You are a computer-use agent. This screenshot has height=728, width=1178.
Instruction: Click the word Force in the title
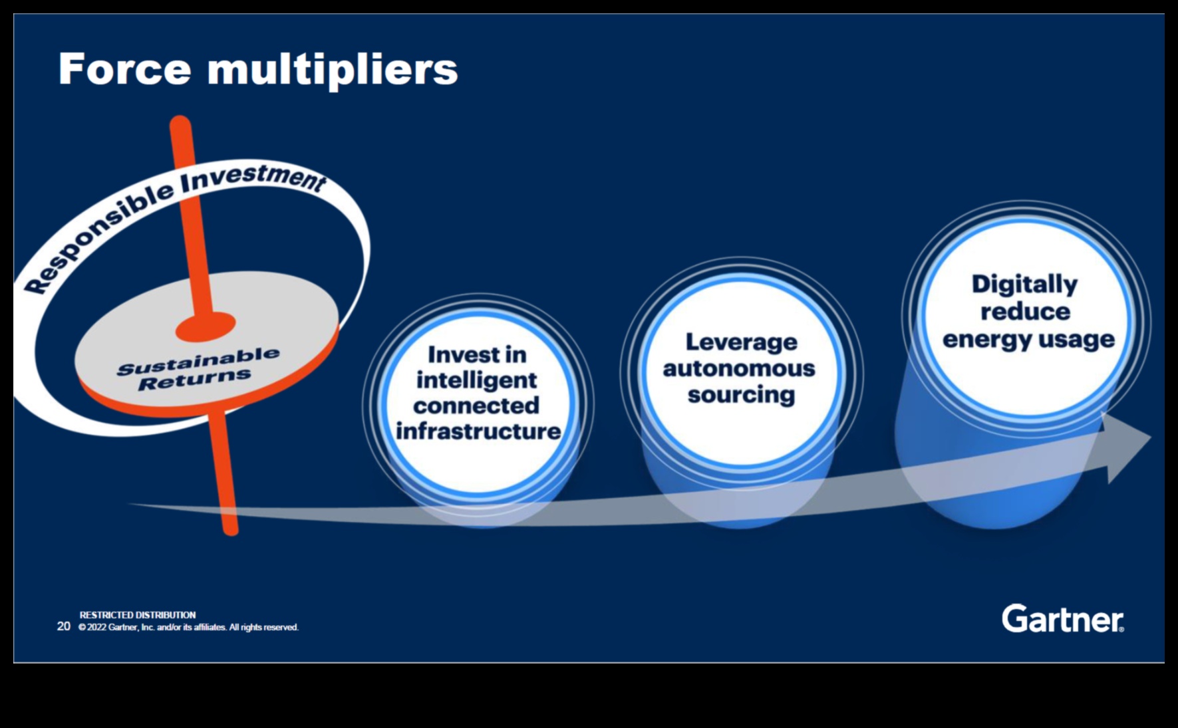pos(124,69)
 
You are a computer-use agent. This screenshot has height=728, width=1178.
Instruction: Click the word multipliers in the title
pos(332,70)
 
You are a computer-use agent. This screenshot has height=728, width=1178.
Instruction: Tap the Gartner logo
pos(1062,619)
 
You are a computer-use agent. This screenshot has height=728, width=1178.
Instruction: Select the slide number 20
pos(64,626)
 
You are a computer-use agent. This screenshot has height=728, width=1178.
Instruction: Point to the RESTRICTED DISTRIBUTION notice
pos(138,615)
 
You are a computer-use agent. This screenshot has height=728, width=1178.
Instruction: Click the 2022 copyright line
pos(188,628)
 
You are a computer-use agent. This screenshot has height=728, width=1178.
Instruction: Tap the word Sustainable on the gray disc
pos(198,361)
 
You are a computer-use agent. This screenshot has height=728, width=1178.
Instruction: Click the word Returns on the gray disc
pos(194,380)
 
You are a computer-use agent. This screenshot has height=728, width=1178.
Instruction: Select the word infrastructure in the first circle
pos(478,431)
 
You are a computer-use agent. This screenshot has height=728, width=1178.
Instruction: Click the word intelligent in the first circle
pos(476,380)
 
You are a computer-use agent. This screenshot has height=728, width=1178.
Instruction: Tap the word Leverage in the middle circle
pos(741,342)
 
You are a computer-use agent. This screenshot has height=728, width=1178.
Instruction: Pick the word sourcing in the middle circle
pos(741,394)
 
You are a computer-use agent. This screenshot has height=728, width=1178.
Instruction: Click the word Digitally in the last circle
pos(1024,285)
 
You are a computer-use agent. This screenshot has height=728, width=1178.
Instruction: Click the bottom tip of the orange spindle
pos(230,529)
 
